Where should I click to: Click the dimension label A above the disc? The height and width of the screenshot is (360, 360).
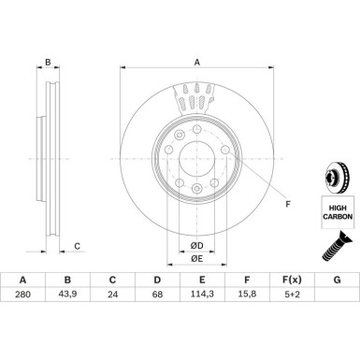pyautogui.click(x=197, y=62)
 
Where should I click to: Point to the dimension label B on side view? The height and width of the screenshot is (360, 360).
pyautogui.click(x=46, y=62)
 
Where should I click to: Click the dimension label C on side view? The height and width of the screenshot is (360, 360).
pyautogui.click(x=78, y=247)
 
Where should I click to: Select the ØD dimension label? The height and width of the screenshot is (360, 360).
pyautogui.click(x=197, y=246)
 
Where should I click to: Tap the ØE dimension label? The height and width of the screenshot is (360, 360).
pyautogui.click(x=197, y=258)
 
